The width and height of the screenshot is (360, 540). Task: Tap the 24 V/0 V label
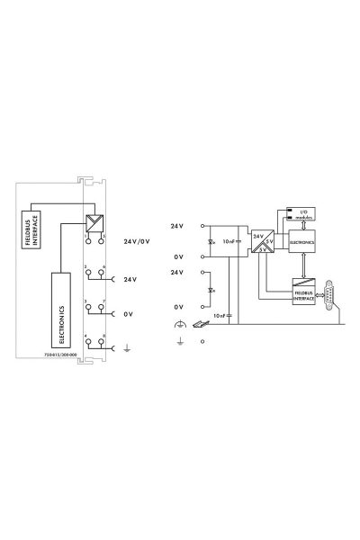(136, 241)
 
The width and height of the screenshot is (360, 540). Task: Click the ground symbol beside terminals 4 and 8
(125, 349)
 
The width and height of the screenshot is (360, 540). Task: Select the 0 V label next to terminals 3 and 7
(129, 314)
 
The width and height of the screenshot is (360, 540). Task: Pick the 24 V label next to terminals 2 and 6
(130, 279)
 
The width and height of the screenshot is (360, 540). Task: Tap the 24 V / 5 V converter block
(262, 241)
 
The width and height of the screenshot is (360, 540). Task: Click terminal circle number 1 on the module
(88, 241)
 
